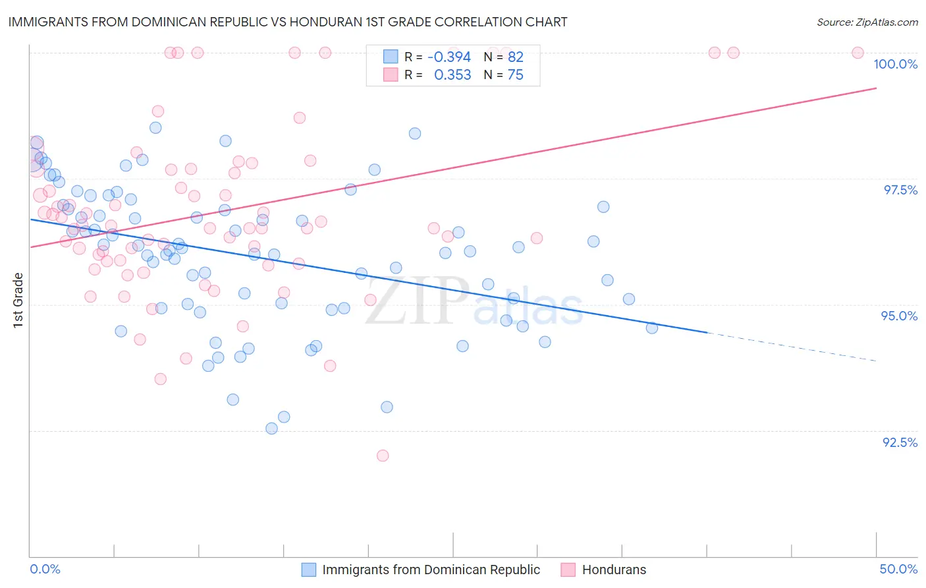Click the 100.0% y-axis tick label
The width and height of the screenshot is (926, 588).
point(895,64)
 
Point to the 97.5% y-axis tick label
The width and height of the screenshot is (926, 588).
point(900,190)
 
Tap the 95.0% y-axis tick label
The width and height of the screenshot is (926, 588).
point(899,316)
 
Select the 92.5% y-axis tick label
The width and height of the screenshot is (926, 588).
point(900,442)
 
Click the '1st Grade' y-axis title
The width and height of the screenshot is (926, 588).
point(18,300)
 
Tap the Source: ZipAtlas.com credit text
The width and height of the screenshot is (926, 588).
point(867,22)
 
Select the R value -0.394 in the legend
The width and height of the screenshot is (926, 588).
point(449,57)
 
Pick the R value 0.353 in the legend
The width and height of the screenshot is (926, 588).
point(452,75)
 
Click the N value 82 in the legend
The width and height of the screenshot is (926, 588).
point(515,57)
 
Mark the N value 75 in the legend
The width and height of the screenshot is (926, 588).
point(515,75)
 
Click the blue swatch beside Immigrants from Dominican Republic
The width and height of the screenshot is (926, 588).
point(309,570)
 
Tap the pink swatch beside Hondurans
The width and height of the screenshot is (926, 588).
point(568,570)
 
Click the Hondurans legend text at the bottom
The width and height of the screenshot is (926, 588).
point(614,570)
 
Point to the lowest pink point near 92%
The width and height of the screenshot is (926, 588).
point(383,456)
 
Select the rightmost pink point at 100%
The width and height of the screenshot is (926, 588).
point(858,53)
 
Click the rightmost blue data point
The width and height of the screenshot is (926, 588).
point(652,328)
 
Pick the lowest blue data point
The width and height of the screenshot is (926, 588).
point(271,428)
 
